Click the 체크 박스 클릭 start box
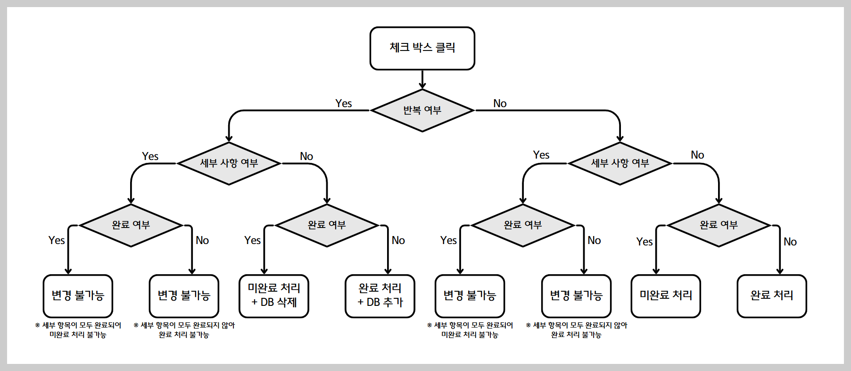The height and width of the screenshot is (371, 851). [422, 48]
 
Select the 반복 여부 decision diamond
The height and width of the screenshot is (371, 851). [422, 110]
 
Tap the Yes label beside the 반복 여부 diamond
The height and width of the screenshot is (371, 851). [343, 103]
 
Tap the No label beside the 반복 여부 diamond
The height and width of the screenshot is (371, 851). [500, 103]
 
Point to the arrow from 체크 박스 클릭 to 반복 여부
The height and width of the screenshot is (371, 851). [422, 79]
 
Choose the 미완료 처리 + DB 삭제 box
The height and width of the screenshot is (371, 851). [274, 296]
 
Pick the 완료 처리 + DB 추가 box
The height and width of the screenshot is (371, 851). [380, 296]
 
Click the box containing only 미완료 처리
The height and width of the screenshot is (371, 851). [666, 296]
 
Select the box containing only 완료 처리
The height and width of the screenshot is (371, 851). [772, 296]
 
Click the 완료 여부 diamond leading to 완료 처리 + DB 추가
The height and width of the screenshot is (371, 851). [327, 225]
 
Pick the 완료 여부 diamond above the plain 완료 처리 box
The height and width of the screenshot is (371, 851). [719, 225]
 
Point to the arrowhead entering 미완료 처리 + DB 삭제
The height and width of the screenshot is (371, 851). [264, 271]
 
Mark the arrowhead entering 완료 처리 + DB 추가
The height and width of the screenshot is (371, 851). [388, 271]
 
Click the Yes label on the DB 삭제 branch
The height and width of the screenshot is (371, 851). [252, 240]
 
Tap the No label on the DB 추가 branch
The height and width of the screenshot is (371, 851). [398, 240]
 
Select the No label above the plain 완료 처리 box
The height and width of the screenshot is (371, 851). [790, 242]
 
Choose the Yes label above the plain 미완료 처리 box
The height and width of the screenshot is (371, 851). [644, 242]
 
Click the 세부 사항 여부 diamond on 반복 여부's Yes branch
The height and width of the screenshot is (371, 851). [229, 163]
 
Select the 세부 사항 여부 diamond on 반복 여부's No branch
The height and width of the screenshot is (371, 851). [620, 163]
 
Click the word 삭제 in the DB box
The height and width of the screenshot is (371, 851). [287, 302]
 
